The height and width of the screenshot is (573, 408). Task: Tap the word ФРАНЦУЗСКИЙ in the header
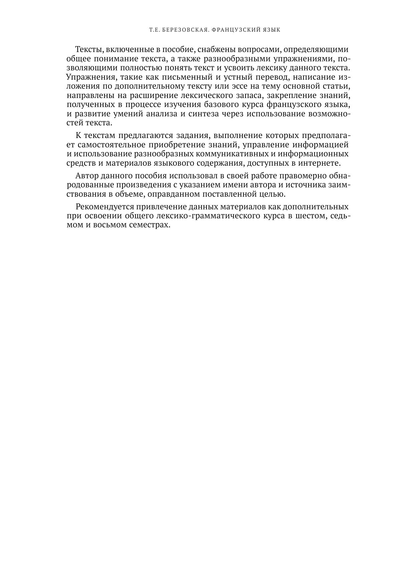(235, 30)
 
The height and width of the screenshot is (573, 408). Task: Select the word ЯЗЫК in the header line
(271, 30)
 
